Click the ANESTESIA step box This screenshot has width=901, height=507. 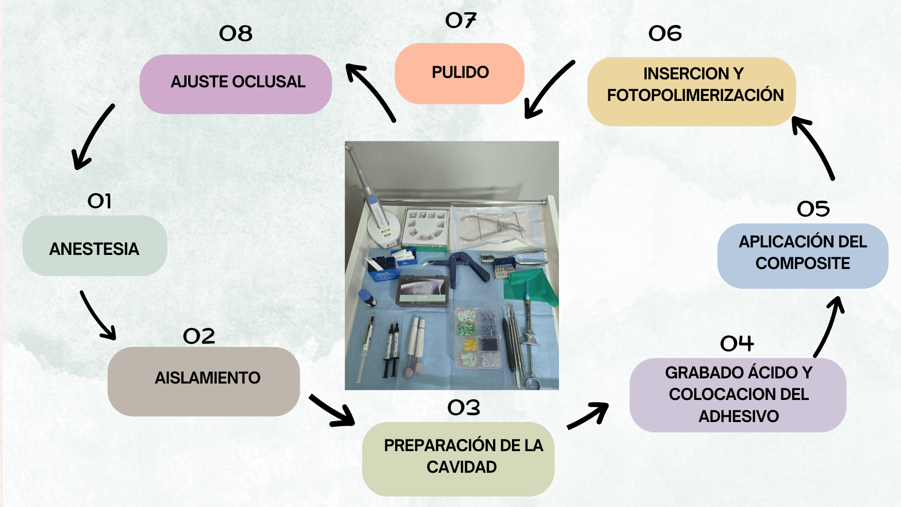[x=95, y=246]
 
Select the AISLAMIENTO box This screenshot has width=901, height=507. [x=204, y=381]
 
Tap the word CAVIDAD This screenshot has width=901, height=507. [x=462, y=467]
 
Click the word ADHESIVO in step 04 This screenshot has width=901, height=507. [x=739, y=416]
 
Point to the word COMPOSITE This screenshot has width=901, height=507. [x=802, y=263]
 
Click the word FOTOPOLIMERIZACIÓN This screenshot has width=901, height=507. [x=695, y=95]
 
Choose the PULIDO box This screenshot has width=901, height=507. [x=459, y=74]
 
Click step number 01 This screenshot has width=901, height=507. [x=99, y=201]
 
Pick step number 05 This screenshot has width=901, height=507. [x=813, y=209]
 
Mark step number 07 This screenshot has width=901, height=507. [x=460, y=20]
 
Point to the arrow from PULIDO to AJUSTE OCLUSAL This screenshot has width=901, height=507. [x=371, y=92]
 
